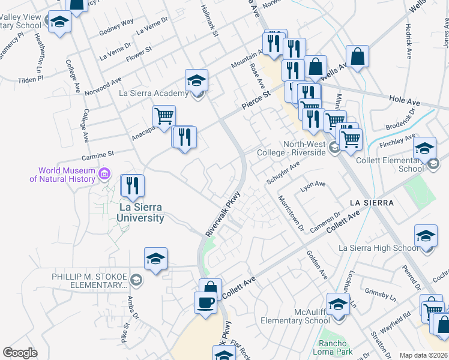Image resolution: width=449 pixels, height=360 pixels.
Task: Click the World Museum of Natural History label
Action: click(x=63, y=175)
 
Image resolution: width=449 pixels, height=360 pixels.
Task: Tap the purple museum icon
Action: click(x=106, y=174)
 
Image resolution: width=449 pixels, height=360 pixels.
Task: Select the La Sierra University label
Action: click(x=141, y=213)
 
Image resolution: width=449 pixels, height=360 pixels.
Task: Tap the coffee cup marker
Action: click(x=206, y=302)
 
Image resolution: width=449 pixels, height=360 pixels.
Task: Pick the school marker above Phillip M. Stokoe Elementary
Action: click(x=155, y=259)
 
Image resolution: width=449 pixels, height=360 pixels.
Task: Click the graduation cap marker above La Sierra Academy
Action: click(x=196, y=80)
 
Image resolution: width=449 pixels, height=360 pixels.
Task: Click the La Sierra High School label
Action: click(x=378, y=248)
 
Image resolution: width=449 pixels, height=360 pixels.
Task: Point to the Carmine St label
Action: click(x=97, y=157)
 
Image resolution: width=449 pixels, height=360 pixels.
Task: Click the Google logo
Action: click(x=20, y=353)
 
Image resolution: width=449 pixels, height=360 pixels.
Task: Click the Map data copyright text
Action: click(x=423, y=355)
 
